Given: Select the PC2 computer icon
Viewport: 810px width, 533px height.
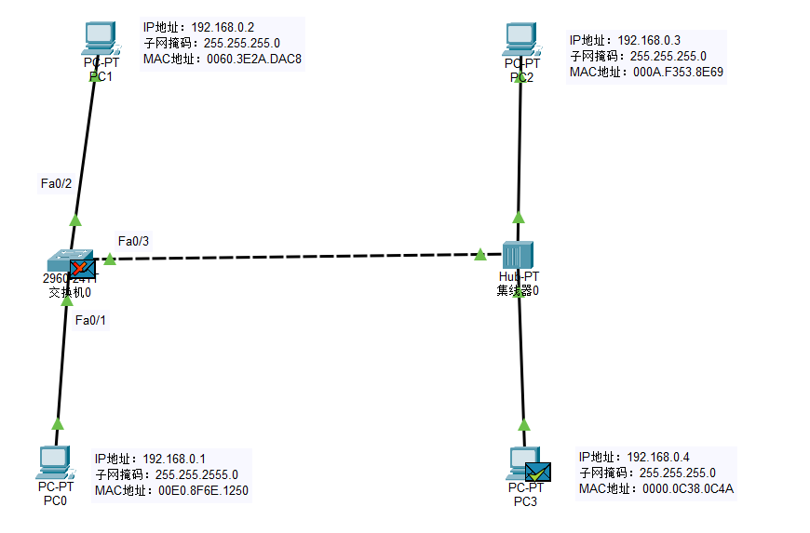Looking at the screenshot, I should click(521, 38).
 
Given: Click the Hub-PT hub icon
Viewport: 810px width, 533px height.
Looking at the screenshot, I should click(518, 255).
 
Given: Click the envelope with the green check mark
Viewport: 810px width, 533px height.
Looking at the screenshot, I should click(537, 472).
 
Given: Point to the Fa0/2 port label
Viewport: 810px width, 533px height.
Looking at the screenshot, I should click(57, 183).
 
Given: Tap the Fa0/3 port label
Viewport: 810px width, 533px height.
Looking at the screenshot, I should click(134, 241).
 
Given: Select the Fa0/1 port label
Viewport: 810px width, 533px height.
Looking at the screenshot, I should click(91, 320).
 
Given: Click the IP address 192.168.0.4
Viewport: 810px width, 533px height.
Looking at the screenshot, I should click(658, 457).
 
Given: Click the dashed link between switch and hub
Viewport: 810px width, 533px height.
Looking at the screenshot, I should click(298, 256).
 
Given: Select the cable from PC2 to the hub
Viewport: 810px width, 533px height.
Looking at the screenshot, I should click(520, 149).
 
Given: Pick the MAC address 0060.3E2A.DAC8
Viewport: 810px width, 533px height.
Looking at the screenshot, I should click(253, 59).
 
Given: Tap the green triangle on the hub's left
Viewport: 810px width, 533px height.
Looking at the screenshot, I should click(480, 254).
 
